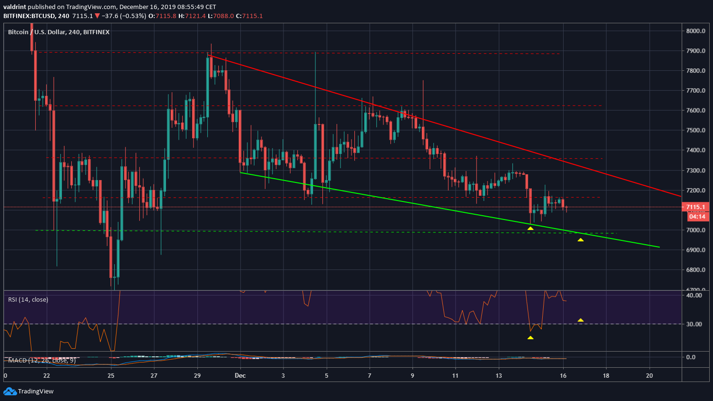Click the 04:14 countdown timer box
697,217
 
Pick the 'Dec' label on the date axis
240,376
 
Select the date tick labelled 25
111,376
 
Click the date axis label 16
563,376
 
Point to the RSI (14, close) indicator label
28,300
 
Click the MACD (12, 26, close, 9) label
42,361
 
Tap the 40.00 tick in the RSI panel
695,296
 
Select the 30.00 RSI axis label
695,325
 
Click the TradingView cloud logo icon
10,391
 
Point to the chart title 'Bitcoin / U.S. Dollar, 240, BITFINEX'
59,32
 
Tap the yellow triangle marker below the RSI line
530,338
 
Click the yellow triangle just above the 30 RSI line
581,320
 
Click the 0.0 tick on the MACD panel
691,357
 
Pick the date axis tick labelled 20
649,376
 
